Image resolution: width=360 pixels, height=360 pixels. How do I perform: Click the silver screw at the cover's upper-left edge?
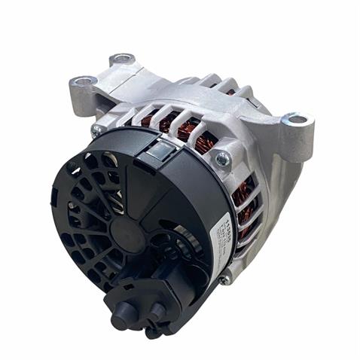(96, 130)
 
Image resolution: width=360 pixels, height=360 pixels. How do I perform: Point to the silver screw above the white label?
(223, 158)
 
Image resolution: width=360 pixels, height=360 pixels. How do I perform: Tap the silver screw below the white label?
(224, 279)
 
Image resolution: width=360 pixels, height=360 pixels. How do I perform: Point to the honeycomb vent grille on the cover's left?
(83, 211)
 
